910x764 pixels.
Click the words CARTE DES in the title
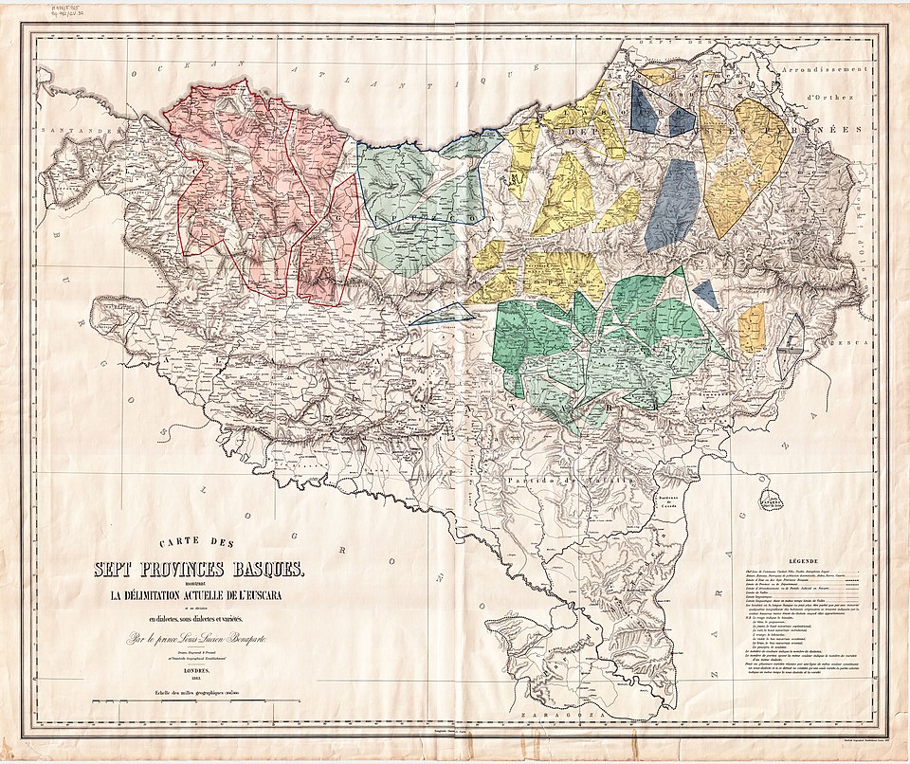[x=197, y=546]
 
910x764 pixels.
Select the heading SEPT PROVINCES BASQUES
[x=197, y=569]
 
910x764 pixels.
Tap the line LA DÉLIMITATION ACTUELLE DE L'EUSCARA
[x=197, y=593]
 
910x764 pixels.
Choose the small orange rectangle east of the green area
[x=752, y=328]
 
